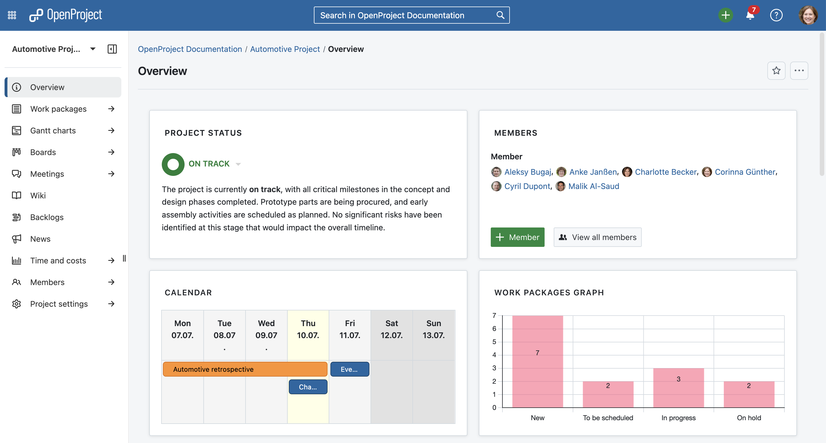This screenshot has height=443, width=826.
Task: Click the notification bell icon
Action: tap(750, 15)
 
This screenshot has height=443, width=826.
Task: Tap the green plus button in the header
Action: tap(725, 15)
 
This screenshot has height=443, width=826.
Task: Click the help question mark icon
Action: tap(776, 15)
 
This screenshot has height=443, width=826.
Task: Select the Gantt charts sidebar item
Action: tap(53, 130)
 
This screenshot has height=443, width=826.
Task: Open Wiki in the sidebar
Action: tap(38, 196)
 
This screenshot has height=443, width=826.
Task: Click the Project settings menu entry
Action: tap(59, 304)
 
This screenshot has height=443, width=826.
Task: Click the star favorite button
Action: tap(776, 71)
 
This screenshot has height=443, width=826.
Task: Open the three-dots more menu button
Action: tap(799, 71)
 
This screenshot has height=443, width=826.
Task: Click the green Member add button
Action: tap(517, 237)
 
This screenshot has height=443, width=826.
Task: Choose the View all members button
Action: tap(597, 237)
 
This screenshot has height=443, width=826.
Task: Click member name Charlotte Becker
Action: tap(666, 172)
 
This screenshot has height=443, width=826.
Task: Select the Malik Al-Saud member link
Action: tap(594, 186)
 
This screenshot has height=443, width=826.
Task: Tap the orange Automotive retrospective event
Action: tap(245, 369)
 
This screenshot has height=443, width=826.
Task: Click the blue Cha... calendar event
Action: tap(308, 387)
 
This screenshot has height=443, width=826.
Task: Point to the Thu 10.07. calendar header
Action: tap(308, 329)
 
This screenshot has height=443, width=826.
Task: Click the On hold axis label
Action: tap(749, 418)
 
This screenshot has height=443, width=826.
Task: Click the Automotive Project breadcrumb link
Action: tap(285, 49)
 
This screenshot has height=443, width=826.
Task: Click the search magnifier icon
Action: tap(500, 15)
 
